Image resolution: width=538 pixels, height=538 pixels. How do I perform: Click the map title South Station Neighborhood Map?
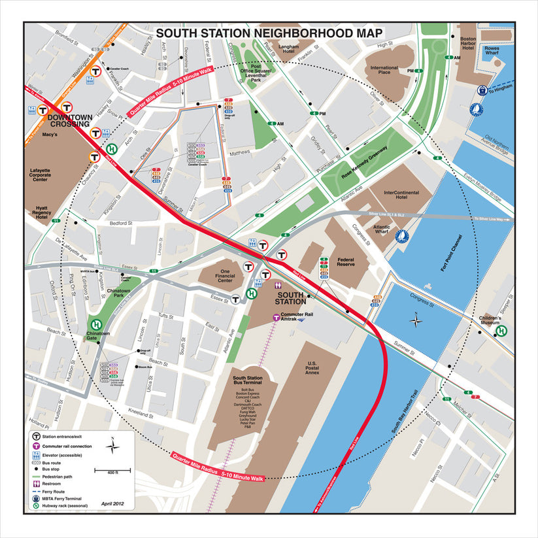pos(269,33)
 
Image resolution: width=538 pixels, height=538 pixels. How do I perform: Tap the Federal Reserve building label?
pos(346,263)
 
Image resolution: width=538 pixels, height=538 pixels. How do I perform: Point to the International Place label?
pos(384,71)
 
